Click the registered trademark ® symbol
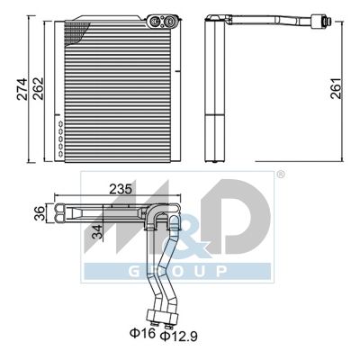[280, 174]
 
